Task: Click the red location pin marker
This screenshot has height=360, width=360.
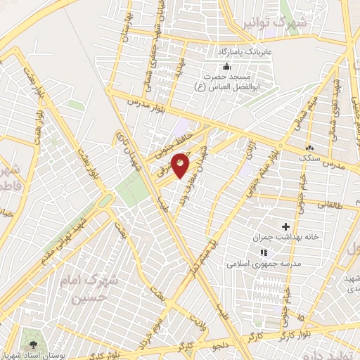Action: (x=181, y=166)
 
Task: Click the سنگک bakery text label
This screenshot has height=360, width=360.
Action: (x=309, y=159)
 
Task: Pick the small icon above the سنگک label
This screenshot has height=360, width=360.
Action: (x=309, y=148)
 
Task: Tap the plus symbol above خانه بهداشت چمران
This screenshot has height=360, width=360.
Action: (x=285, y=226)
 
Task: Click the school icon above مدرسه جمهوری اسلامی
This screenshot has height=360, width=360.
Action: (x=264, y=252)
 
